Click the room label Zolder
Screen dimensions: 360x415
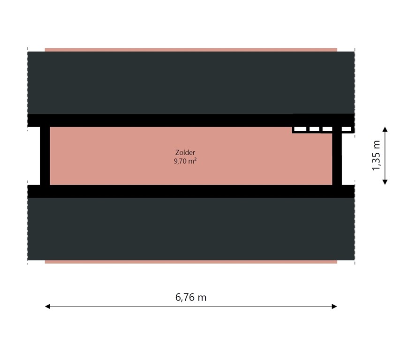point(185,152)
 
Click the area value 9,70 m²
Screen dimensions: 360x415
point(185,161)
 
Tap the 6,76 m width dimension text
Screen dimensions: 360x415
point(191,297)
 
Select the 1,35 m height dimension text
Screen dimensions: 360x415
point(377,156)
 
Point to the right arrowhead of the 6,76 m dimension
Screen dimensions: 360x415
point(334,307)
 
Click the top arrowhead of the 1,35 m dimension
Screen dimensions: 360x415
point(385,129)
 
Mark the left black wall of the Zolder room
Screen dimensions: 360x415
point(45,156)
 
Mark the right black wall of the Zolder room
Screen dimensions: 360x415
point(337,158)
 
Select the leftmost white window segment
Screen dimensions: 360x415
point(300,129)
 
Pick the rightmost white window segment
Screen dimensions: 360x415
point(347,129)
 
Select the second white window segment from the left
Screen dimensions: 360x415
point(314,129)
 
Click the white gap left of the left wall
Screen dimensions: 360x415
point(33,156)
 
